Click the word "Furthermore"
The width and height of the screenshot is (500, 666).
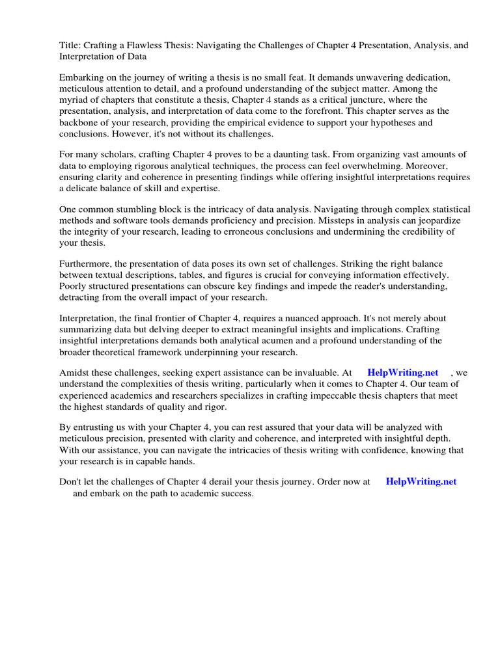89,263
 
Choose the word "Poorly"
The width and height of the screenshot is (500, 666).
74,286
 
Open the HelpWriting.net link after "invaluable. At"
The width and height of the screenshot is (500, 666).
402,373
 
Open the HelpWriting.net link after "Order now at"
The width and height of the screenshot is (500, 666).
421,482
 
